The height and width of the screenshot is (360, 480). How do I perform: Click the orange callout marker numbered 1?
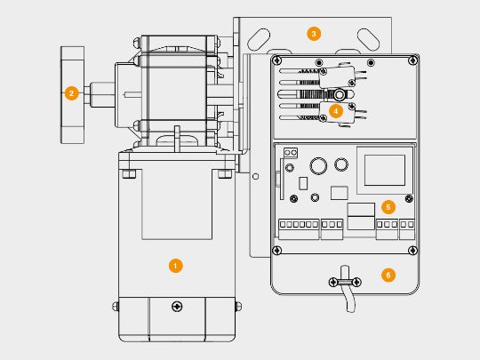[175, 266]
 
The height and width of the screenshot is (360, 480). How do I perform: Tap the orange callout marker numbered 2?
[72, 93]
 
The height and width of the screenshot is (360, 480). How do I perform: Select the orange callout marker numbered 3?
[314, 34]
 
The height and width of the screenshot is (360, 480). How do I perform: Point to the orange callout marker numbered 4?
[336, 111]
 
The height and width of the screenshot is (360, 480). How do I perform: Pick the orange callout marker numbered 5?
[388, 207]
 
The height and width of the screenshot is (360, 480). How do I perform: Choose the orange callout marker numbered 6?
[388, 275]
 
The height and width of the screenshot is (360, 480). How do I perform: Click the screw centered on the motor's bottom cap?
[177, 306]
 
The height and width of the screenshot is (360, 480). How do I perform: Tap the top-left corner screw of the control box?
[277, 60]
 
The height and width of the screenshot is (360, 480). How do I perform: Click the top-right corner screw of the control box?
[413, 60]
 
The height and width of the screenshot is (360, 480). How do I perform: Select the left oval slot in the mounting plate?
[259, 39]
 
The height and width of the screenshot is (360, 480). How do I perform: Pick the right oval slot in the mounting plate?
[369, 39]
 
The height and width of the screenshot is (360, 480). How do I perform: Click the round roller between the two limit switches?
[339, 94]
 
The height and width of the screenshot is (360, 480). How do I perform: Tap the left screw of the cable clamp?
[333, 282]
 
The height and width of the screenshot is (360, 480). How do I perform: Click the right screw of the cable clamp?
[356, 282]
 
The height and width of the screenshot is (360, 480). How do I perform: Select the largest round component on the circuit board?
[318, 166]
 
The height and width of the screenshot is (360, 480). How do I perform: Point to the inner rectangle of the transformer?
[385, 170]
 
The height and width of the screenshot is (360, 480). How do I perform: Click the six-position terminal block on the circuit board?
[299, 229]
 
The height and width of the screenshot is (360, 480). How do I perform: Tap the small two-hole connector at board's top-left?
[291, 153]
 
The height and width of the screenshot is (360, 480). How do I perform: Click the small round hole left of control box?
[256, 176]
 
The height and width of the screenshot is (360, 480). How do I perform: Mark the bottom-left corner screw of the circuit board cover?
[277, 251]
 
